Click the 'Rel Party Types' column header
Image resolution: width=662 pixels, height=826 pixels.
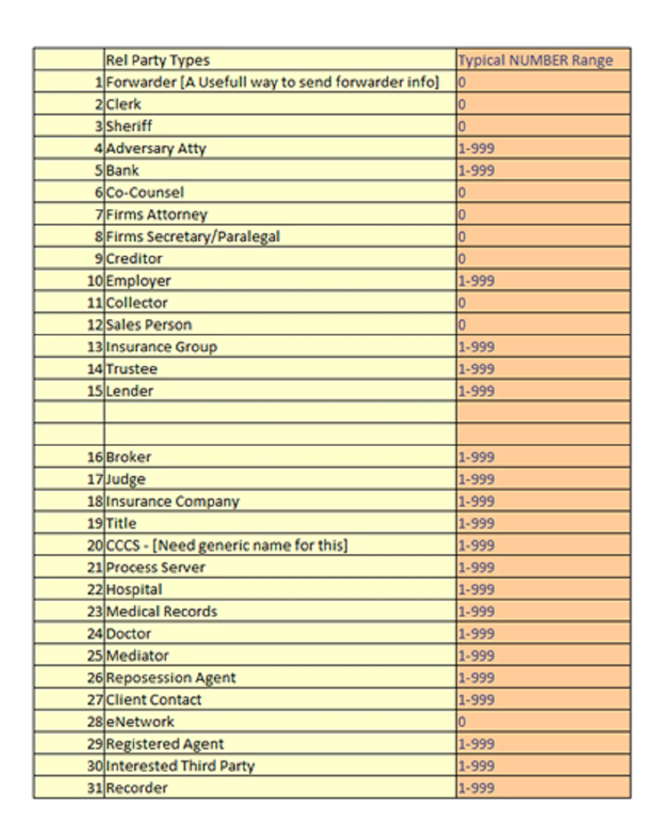(x=158, y=60)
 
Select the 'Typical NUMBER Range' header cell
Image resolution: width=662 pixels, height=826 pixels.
(x=535, y=60)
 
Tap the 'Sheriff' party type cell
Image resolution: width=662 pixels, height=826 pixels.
(x=129, y=126)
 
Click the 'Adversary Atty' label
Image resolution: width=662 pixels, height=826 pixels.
(x=156, y=148)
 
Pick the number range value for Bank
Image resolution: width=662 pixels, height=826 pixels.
(x=476, y=170)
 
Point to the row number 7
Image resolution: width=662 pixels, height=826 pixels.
(x=99, y=214)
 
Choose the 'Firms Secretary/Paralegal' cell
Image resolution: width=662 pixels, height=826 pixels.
(x=193, y=236)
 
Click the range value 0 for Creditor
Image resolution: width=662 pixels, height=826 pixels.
(x=462, y=258)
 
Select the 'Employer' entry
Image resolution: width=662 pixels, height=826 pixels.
(x=138, y=280)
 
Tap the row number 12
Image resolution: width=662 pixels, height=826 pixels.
(x=95, y=324)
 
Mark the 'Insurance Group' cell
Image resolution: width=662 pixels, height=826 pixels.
(x=161, y=346)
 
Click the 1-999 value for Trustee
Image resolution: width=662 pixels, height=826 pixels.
(x=476, y=368)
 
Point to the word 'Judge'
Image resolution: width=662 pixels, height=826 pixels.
(x=126, y=479)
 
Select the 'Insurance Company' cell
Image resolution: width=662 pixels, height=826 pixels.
(x=172, y=501)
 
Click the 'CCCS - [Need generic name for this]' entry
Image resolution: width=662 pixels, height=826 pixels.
(x=226, y=545)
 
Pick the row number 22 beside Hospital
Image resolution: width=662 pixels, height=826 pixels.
(x=95, y=589)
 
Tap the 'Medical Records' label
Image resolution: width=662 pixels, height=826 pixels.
(x=161, y=611)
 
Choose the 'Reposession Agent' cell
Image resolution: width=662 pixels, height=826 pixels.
(x=170, y=677)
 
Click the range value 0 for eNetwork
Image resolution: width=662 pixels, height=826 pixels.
(x=462, y=721)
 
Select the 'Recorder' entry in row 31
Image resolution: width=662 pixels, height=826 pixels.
(x=136, y=787)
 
